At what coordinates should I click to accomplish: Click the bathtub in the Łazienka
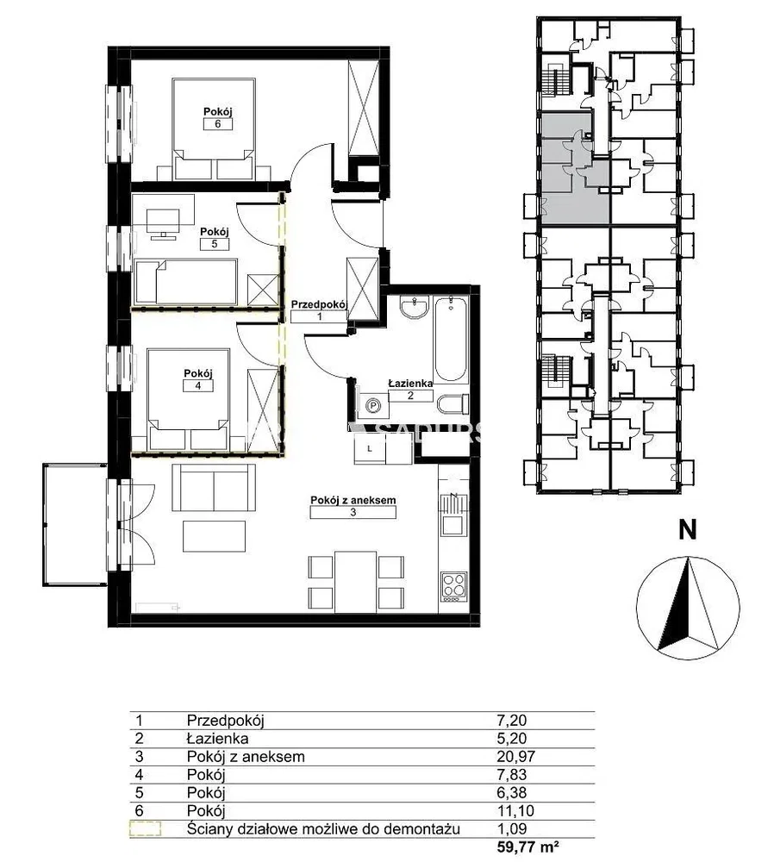pyautogui.click(x=450, y=339)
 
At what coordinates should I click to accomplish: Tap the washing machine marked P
pyautogui.click(x=373, y=406)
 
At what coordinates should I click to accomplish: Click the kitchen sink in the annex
pyautogui.click(x=453, y=515)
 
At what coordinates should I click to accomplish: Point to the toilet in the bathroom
pyautogui.click(x=453, y=404)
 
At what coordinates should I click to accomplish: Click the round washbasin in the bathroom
pyautogui.click(x=415, y=308)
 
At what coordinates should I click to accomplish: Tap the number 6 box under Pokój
pyautogui.click(x=218, y=124)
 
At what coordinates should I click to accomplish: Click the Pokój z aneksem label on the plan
pyautogui.click(x=353, y=500)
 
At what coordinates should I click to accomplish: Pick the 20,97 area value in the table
pyautogui.click(x=515, y=757)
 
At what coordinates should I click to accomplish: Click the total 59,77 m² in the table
pyautogui.click(x=524, y=847)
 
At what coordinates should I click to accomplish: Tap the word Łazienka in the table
pyautogui.click(x=218, y=739)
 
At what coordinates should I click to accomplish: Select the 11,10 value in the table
pyautogui.click(x=515, y=811)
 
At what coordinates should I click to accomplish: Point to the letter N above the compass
pyautogui.click(x=687, y=530)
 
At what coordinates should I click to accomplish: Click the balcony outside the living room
pyautogui.click(x=75, y=525)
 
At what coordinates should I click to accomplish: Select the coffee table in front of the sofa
pyautogui.click(x=215, y=536)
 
